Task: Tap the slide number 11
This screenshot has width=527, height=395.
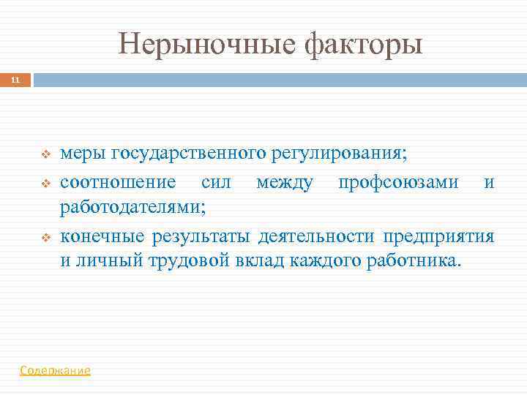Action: [x=15, y=80]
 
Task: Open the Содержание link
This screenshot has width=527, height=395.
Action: [x=56, y=371]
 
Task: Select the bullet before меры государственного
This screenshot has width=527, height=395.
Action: [x=45, y=154]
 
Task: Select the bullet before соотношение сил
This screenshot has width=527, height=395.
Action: [x=45, y=182]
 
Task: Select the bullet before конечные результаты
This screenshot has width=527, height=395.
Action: [x=45, y=237]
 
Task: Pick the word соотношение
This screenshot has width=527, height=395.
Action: [x=118, y=181]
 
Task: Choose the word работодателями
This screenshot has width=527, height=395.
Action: [x=132, y=208]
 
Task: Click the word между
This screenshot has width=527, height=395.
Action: [x=285, y=181]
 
